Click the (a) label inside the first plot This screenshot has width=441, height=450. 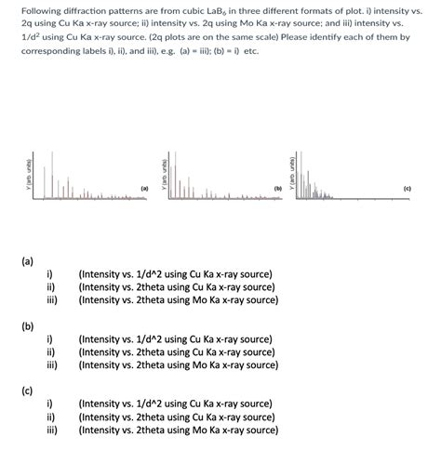(144, 189)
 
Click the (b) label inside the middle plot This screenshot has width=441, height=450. (277, 189)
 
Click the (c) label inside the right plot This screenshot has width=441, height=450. (408, 189)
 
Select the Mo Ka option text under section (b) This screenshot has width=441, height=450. (178, 364)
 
